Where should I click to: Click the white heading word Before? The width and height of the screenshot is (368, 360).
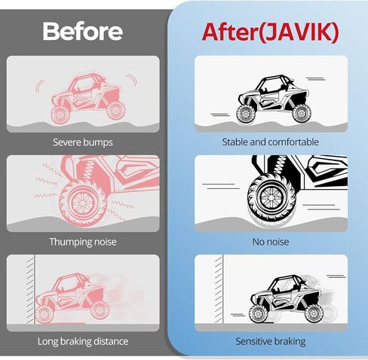click(83, 31)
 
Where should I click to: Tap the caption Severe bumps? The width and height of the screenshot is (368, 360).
click(83, 142)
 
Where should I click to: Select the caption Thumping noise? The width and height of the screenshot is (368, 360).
click(83, 242)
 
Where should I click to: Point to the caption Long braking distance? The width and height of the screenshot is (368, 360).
click(83, 341)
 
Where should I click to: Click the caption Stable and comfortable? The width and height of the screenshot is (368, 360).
click(271, 142)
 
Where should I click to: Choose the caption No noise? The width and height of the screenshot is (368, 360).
click(271, 242)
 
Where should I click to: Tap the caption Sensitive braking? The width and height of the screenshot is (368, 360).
click(271, 341)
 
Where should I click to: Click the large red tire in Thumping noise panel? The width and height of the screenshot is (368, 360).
click(83, 203)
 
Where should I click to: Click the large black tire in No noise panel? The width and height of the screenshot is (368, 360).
click(271, 198)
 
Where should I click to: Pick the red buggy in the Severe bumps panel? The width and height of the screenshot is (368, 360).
click(88, 99)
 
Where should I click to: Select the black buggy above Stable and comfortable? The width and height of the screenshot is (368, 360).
click(274, 99)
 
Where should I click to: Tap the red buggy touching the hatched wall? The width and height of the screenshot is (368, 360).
click(72, 298)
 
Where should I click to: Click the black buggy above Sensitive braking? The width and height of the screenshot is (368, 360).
click(286, 299)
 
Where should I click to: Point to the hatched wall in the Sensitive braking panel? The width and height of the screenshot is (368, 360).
click(219, 289)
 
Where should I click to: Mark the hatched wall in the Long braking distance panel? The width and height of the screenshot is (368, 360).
click(30, 289)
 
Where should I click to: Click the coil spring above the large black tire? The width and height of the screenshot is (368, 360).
click(279, 165)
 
